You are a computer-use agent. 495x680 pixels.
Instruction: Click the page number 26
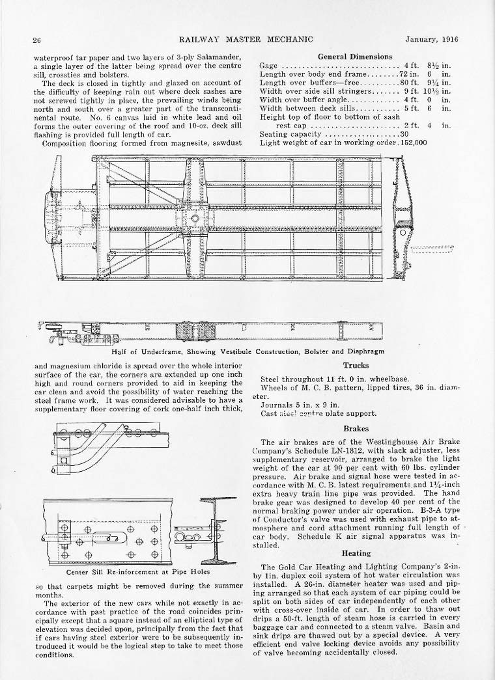37,40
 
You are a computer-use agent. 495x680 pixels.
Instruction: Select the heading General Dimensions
354,57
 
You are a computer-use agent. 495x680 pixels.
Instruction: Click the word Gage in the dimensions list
269,66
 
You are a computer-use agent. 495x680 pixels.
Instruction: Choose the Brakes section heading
356,429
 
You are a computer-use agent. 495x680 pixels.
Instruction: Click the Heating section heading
356,553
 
